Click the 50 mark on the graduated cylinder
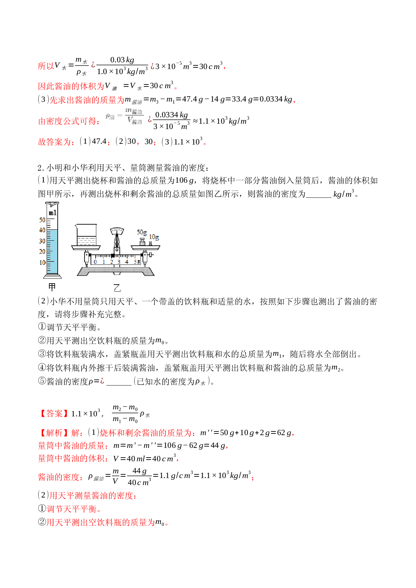(x=42, y=220)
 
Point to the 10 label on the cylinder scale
(x=42, y=262)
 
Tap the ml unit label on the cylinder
(x=53, y=213)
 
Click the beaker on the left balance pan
(x=86, y=235)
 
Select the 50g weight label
(x=142, y=232)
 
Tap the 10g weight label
(x=154, y=237)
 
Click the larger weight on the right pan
(x=142, y=242)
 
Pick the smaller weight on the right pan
(x=150, y=243)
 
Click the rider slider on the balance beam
(x=113, y=256)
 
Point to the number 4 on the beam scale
(x=127, y=262)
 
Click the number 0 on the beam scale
(x=96, y=262)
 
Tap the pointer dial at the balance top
(x=117, y=231)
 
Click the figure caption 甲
(x=52, y=287)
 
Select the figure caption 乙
(x=117, y=288)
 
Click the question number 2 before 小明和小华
(x=40, y=168)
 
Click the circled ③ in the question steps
(x=42, y=354)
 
